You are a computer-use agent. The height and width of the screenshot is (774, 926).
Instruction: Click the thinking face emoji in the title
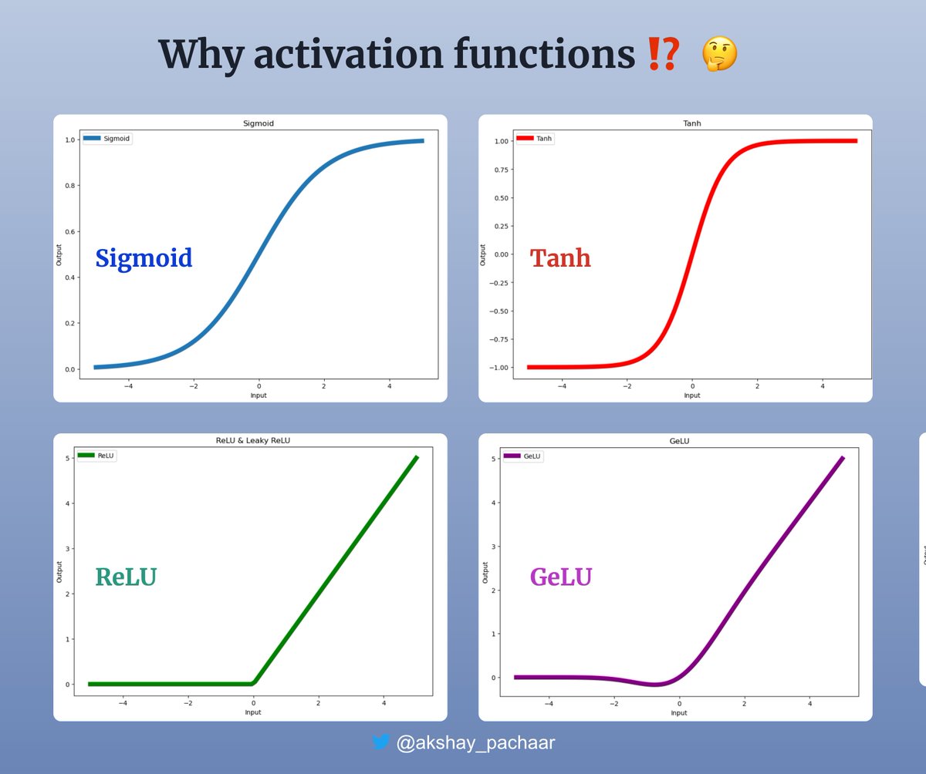pos(719,56)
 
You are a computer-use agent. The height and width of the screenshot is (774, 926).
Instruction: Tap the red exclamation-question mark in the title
pos(664,56)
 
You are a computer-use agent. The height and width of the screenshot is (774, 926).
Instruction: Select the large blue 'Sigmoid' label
pos(144,257)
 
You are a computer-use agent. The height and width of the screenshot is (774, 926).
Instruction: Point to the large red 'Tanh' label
pos(560,257)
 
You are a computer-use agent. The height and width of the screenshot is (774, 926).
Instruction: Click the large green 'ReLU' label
pos(125,577)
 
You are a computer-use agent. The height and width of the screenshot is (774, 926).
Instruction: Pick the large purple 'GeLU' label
pos(560,577)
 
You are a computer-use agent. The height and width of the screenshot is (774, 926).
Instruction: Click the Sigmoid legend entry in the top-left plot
pos(107,139)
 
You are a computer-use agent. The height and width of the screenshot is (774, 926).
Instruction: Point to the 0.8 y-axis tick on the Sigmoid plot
pos(71,186)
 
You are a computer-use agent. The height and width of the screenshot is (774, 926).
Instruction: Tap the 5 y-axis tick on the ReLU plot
pos(69,459)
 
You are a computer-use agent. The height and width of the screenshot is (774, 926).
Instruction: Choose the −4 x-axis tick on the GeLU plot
pos(549,703)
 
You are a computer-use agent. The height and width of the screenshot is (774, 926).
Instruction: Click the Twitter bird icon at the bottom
pos(380,743)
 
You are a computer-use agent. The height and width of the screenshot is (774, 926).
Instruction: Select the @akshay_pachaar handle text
pos(475,743)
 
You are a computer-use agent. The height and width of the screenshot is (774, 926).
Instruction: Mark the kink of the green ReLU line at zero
pos(255,682)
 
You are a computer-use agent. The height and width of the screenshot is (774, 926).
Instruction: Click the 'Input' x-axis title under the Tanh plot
pos(692,395)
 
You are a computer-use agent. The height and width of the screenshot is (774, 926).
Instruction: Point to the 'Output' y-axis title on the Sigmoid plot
pos(59,255)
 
